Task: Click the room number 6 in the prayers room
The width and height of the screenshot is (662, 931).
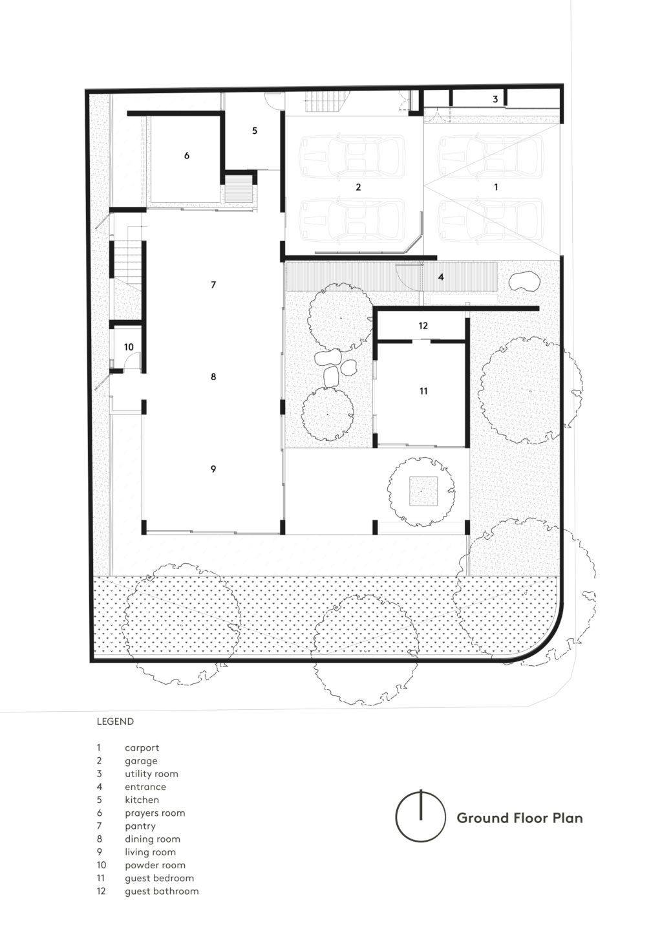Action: [187, 155]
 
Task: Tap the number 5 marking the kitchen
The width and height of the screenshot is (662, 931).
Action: [255, 131]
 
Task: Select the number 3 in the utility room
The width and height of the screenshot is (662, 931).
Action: [496, 99]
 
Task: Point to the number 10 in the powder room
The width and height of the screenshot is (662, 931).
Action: [129, 347]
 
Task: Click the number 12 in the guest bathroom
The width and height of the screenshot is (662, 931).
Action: [423, 326]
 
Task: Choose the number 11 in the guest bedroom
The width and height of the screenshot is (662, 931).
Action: [423, 391]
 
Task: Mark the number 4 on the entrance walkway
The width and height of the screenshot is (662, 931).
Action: [441, 277]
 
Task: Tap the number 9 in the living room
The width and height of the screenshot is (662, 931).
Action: [213, 469]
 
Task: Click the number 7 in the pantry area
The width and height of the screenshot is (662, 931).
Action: [213, 284]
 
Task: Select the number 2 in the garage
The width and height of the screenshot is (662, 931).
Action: [358, 187]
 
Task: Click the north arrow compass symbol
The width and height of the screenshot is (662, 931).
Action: [421, 817]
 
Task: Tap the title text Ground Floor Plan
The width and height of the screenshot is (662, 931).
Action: [520, 818]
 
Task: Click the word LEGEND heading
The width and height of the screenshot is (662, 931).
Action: [115, 722]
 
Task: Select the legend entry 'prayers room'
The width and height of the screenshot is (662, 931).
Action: [155, 813]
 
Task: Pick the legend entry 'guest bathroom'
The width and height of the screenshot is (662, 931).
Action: [162, 891]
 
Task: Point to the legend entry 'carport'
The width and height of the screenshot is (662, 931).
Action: [142, 747]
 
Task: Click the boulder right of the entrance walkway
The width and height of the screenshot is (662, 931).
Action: [524, 281]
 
